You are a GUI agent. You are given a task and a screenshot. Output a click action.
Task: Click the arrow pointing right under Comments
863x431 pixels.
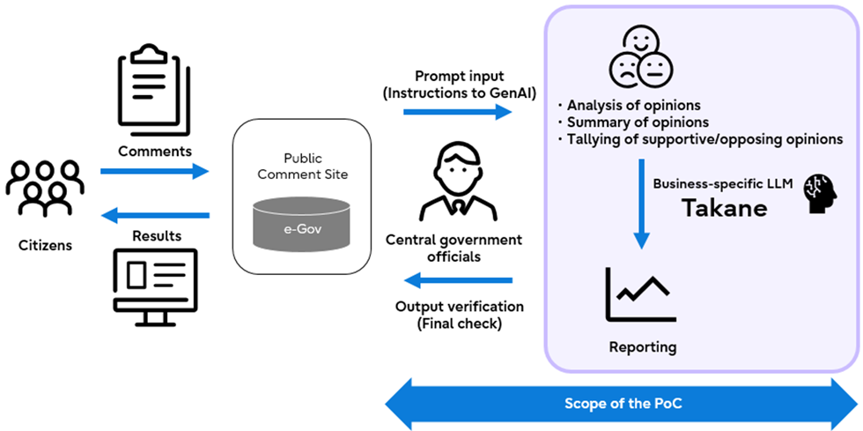coord(155,170)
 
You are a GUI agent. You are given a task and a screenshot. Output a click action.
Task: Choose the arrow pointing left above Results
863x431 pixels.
coord(155,215)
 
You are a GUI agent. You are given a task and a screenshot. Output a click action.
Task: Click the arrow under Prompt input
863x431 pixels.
coord(458,111)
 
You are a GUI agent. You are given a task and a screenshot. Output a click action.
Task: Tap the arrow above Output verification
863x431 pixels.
coord(458,281)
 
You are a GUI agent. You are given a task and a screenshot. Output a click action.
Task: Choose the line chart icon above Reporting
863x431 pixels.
coord(641,294)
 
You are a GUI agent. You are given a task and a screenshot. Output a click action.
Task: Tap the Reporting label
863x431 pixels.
coord(643,346)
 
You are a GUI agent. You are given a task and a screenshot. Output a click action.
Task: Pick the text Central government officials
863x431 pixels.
coord(454,249)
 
